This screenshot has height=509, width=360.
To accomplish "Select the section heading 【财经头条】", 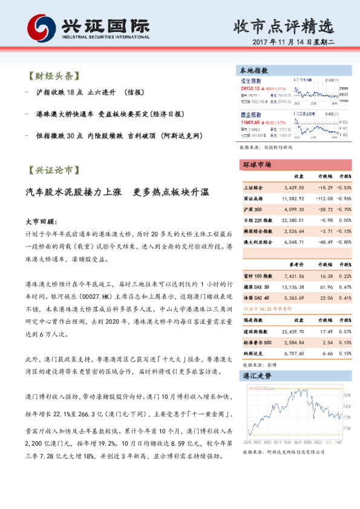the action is pyautogui.click(x=54, y=77).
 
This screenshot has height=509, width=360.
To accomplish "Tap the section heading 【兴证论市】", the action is pyautogui.click(x=54, y=170).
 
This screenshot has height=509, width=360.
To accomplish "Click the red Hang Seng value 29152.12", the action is pyautogui.click(x=251, y=87).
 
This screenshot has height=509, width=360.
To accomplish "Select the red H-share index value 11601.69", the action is pyautogui.click(x=251, y=121).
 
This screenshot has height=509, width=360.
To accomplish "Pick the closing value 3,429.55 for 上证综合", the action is pyautogui.click(x=293, y=187).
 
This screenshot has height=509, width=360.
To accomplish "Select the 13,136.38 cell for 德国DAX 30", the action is pyautogui.click(x=293, y=287).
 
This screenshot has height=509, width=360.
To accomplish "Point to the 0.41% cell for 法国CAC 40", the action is pyautogui.click(x=345, y=297).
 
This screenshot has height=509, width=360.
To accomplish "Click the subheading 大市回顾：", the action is pyautogui.click(x=41, y=221).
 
